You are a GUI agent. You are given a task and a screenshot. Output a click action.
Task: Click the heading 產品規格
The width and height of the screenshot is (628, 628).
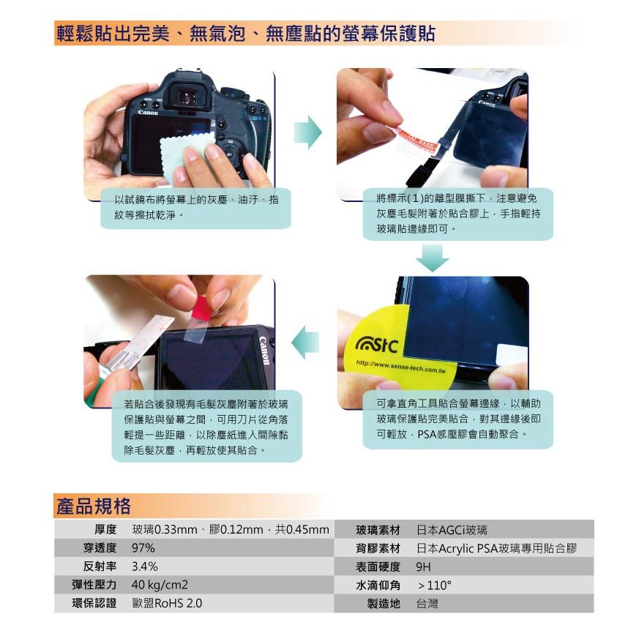93,506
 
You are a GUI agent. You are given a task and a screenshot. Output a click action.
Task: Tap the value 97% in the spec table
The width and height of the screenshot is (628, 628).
143,548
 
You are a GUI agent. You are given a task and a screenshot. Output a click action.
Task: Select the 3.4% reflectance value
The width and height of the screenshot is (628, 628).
145,567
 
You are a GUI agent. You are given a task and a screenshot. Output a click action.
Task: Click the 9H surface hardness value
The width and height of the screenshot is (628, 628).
423,567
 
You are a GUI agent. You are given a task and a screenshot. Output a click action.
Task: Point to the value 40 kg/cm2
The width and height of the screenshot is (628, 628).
160,585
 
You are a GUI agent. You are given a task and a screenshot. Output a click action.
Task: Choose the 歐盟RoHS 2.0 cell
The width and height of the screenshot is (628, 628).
167,604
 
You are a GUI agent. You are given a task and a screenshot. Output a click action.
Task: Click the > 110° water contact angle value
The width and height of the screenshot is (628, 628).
434,586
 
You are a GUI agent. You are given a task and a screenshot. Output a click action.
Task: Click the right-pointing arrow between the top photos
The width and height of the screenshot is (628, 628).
307,132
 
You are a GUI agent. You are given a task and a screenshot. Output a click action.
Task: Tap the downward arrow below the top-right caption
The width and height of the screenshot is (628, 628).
436,258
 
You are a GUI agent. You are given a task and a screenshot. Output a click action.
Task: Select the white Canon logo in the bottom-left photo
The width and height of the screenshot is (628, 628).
265,353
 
